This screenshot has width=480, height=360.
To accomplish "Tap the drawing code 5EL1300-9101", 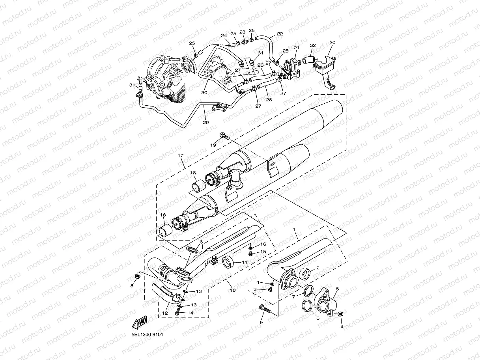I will point(148,334).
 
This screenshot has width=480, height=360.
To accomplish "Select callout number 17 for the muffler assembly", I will point(181,155).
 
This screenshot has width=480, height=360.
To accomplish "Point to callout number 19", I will point(213,145).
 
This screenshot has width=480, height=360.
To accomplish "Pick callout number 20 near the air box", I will point(332,42).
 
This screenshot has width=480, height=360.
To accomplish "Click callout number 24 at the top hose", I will point(224,36).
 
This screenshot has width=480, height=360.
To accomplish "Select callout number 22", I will point(280,34).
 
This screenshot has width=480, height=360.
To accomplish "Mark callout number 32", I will point(313,45).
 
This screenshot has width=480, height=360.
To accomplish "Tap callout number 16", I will point(263,244).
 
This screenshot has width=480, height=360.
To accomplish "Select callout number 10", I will point(233,290).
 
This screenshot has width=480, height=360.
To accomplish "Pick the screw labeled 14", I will point(177,312).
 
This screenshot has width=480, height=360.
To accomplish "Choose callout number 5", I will point(337,289).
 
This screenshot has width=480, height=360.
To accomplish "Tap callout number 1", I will point(294,229).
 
